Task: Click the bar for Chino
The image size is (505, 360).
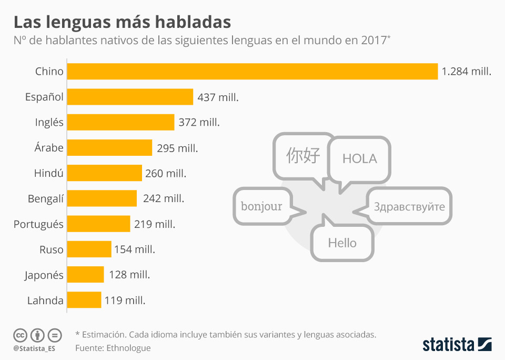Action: (x=252, y=72)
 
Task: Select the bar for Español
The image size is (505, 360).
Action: (x=130, y=97)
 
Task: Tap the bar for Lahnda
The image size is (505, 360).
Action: (x=84, y=301)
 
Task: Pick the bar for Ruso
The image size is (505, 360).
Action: (x=89, y=249)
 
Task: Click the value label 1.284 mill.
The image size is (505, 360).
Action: (x=467, y=72)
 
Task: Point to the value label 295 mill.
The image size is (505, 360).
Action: (x=177, y=148)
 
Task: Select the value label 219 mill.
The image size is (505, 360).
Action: (x=155, y=224)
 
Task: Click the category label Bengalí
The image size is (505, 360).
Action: (x=46, y=199)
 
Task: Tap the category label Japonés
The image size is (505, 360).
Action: (x=44, y=275)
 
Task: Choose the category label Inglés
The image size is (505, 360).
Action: (x=49, y=123)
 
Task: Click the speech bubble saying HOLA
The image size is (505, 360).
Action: (x=359, y=159)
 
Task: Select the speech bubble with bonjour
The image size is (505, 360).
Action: (x=261, y=206)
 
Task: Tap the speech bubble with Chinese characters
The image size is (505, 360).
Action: (x=303, y=155)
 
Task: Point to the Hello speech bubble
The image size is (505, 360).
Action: (x=342, y=243)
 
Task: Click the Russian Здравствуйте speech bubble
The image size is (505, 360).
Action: (x=409, y=206)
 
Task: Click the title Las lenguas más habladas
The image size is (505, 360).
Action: (x=122, y=22)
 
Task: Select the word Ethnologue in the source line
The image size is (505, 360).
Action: (x=128, y=348)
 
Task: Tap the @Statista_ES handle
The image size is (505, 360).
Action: (x=34, y=348)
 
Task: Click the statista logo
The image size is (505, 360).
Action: (x=457, y=345)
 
